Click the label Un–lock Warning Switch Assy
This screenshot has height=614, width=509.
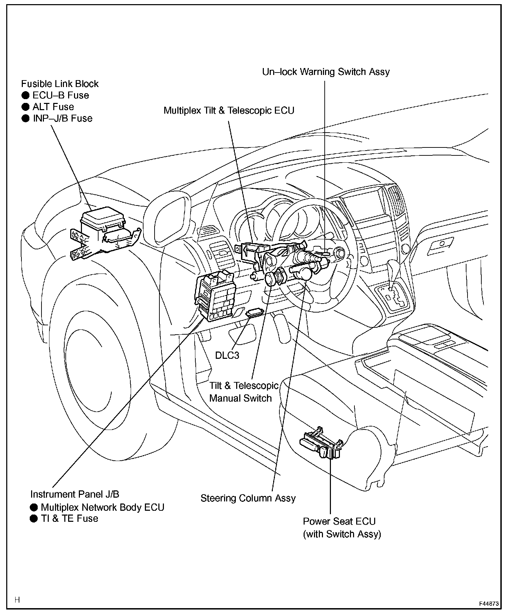point(326,72)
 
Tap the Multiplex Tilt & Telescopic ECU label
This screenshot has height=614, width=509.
point(229,111)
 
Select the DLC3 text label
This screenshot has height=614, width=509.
point(227,355)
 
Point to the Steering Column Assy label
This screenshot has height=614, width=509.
point(248,498)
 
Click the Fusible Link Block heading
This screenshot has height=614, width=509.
point(60,84)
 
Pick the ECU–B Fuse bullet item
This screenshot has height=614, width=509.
point(60,95)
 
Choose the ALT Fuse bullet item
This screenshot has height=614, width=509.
point(53,107)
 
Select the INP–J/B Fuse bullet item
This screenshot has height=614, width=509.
point(62,118)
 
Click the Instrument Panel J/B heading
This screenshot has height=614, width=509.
point(75,494)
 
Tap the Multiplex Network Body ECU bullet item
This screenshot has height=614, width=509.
point(102,507)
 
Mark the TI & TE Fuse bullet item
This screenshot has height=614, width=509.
point(69,518)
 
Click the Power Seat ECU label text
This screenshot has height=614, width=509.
point(339,521)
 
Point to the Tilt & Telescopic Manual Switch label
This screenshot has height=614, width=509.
point(243,392)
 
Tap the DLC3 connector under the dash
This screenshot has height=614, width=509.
point(254,313)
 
